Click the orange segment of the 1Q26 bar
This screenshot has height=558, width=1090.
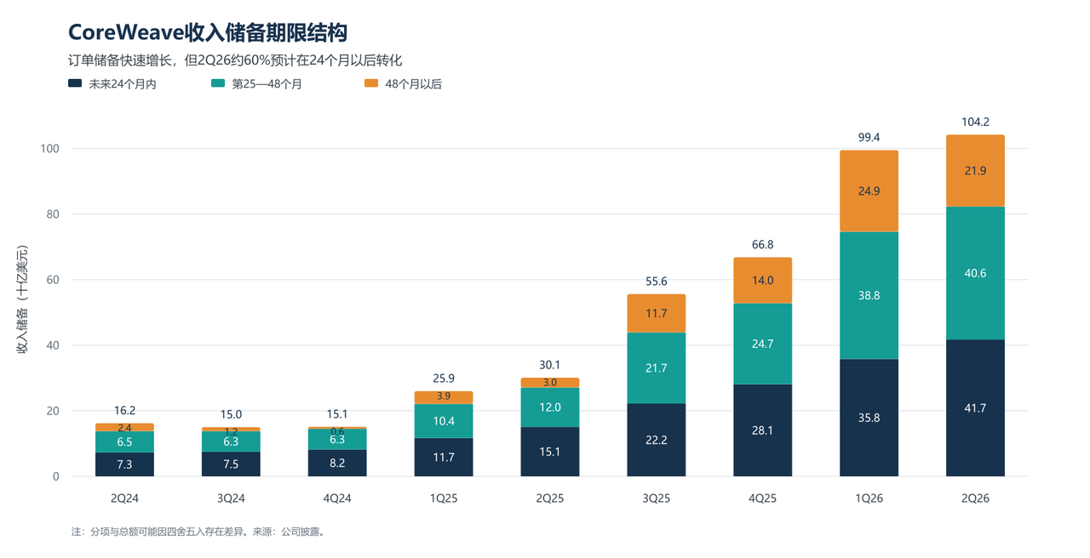869,191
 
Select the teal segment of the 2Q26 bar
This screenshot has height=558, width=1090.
975,273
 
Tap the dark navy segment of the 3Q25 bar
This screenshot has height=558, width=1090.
656,440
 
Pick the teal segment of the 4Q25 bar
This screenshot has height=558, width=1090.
762,344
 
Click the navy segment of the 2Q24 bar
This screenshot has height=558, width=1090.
124,464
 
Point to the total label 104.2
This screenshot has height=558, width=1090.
975,122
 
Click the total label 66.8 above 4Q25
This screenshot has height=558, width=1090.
762,244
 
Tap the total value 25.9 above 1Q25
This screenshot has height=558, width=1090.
444,379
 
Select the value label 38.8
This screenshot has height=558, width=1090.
869,295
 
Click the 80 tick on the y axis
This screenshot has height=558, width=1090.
53,214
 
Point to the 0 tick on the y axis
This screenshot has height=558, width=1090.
56,477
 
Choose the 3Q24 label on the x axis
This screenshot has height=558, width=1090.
231,498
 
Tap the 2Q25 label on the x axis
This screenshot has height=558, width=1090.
550,498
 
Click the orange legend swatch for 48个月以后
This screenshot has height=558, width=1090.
371,83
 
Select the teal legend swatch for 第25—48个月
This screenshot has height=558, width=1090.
218,83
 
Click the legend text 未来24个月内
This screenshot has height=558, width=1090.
123,84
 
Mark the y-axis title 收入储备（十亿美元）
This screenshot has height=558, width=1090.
22,299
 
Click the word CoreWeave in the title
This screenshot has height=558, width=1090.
125,32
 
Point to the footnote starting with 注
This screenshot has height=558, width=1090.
198,532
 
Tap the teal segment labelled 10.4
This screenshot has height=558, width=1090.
444,421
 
